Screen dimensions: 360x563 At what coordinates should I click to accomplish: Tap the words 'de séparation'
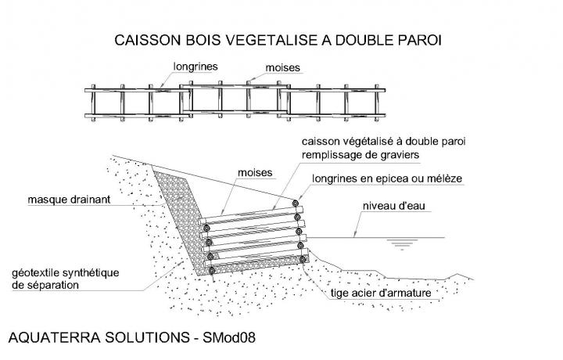tap(45, 286)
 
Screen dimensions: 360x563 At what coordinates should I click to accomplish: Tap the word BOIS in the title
tap(193, 39)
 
